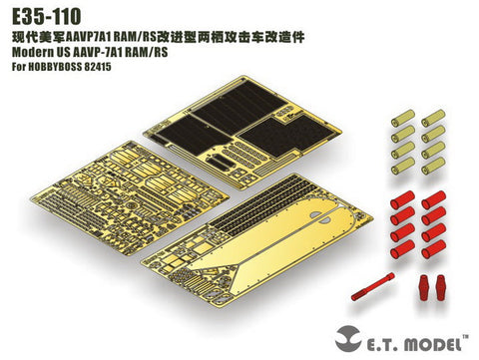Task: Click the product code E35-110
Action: [41, 14]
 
